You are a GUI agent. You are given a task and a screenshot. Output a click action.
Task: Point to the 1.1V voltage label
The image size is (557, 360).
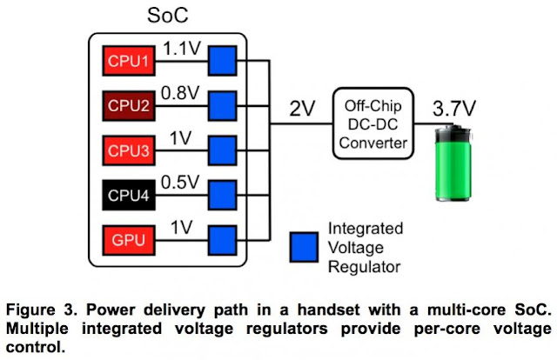[x=183, y=50]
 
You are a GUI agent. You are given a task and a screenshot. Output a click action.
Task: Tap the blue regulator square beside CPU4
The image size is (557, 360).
[x=223, y=192]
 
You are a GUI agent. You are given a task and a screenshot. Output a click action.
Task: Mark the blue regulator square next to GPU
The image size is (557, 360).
[x=223, y=236]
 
